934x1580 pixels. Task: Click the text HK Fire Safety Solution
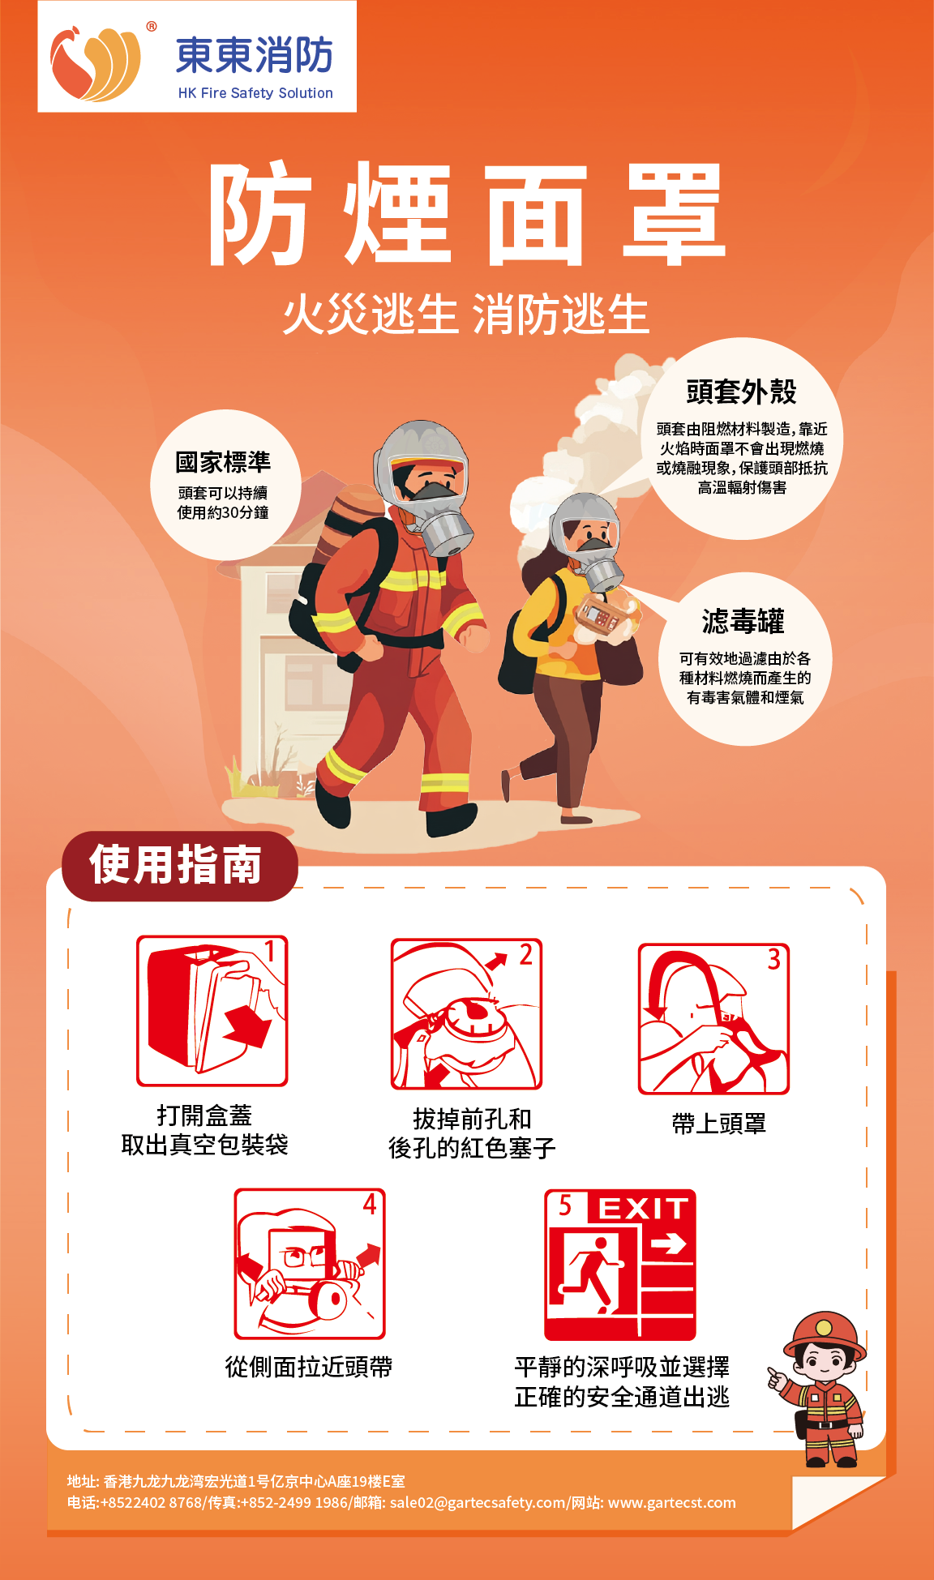tap(255, 93)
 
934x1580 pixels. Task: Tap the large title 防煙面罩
tap(467, 214)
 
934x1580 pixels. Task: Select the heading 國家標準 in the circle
tap(223, 462)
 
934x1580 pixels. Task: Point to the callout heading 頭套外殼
tap(741, 392)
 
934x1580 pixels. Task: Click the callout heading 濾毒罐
tap(743, 622)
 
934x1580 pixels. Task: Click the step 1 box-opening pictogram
tap(212, 1011)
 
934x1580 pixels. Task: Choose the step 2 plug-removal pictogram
tap(466, 1014)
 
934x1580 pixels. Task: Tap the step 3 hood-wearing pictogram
tap(713, 1019)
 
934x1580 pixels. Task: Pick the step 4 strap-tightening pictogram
tap(310, 1264)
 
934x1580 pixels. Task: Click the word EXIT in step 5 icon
tap(644, 1209)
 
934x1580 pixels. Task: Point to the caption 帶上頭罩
tap(719, 1124)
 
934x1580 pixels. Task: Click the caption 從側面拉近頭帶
tap(309, 1368)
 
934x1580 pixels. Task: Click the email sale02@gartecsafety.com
tap(478, 1502)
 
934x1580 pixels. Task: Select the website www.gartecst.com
tap(672, 1502)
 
